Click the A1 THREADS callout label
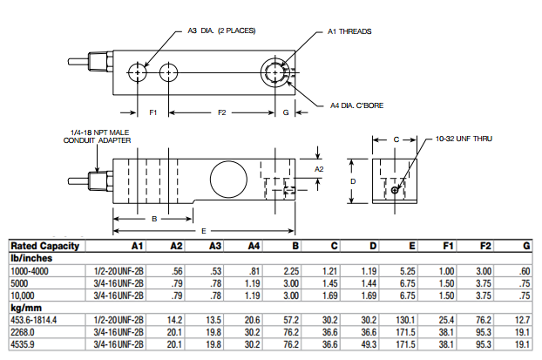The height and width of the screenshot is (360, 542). click(349, 31)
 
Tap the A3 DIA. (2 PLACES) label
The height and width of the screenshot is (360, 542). click(222, 31)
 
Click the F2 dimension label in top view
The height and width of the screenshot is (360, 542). click(221, 113)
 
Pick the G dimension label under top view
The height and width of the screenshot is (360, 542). click(287, 113)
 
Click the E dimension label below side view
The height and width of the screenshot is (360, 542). click(202, 230)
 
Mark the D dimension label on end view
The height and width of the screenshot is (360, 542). click(352, 180)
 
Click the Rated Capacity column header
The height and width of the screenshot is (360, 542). click(44, 247)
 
